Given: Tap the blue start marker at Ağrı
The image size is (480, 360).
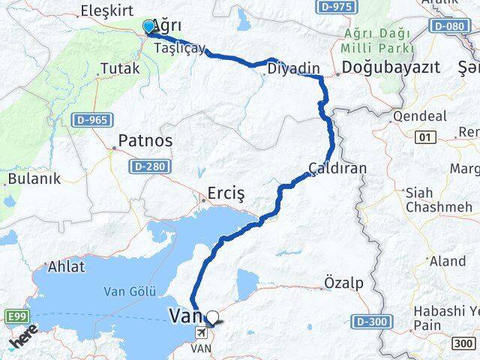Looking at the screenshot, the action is [148, 28].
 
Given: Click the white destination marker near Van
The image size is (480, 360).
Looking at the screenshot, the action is [214, 317].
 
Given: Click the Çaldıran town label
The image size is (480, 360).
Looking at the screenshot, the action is [339, 168].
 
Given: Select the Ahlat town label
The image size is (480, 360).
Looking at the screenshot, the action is [66, 267].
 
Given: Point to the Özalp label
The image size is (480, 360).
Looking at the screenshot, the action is [343, 283].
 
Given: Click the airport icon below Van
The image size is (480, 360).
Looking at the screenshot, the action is [200, 332].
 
